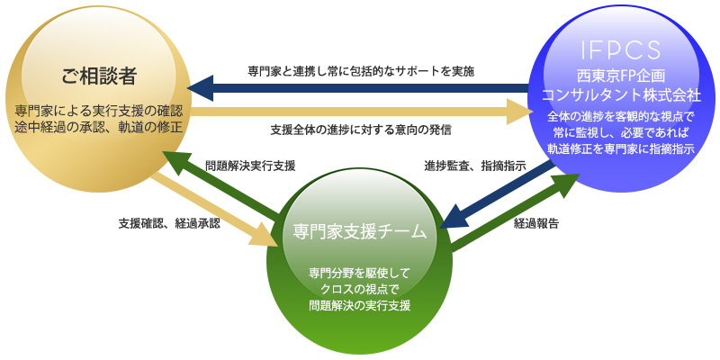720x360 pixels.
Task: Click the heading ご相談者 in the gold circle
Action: click(99, 76)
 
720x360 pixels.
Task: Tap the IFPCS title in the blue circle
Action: click(620, 50)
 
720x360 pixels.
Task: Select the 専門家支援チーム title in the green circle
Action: click(359, 232)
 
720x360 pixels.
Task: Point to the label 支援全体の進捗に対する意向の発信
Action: click(361, 130)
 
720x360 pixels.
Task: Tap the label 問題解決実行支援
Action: click(250, 166)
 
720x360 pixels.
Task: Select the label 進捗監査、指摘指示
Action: click(475, 166)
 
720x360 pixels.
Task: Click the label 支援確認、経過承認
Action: click(169, 223)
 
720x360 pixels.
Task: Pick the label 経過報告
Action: click(536, 224)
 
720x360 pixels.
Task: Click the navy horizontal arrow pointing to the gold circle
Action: click(359, 88)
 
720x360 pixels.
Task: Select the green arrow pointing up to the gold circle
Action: click(220, 183)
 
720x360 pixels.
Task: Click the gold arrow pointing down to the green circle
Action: click(213, 210)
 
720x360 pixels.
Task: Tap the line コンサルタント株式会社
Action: click(620, 94)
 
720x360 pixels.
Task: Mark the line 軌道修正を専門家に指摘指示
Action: click(620, 149)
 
